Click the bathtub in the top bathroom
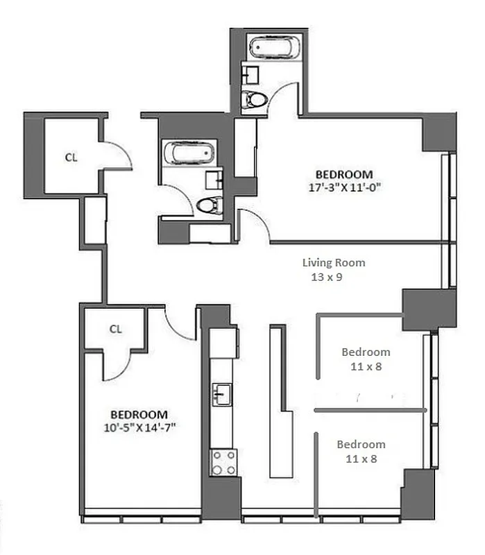pos(272,48)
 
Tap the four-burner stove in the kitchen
pos(223,462)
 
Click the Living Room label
pos(333,263)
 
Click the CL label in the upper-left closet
pos(71,157)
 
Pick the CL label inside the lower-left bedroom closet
pos(116,329)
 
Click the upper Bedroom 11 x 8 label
pos(366,359)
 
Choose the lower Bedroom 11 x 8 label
pos(361,451)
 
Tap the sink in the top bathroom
pos(250,72)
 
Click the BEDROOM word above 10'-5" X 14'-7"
pos(139,413)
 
